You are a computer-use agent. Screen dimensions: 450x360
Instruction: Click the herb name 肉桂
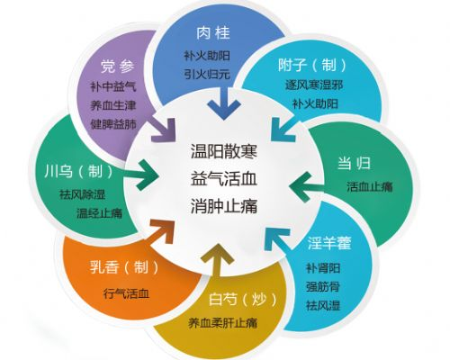(213, 32)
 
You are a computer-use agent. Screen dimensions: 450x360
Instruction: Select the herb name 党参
(117, 67)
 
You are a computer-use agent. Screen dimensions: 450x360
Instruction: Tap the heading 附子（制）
(312, 64)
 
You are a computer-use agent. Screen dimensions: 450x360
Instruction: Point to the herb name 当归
(354, 164)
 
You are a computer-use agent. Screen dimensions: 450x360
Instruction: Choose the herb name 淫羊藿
(329, 243)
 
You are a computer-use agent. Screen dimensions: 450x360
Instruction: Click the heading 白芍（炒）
(242, 299)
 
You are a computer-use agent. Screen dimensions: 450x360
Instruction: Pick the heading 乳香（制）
(124, 266)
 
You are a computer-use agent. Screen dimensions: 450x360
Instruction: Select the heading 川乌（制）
(78, 172)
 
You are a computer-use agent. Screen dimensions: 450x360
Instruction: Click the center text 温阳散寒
(224, 150)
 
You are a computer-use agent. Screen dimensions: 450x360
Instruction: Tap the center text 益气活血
(224, 179)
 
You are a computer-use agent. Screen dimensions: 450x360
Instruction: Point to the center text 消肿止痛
(224, 207)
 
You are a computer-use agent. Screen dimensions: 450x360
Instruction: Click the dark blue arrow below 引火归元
(224, 103)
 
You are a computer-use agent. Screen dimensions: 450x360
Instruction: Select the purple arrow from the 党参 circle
(164, 130)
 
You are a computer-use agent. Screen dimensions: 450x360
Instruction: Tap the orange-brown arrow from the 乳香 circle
(162, 231)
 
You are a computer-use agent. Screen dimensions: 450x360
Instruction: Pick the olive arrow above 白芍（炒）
(218, 259)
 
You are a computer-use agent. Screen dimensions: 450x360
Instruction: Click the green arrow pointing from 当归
(306, 186)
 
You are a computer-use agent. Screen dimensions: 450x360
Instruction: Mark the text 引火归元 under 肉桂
(207, 74)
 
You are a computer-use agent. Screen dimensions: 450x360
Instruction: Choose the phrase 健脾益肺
(113, 124)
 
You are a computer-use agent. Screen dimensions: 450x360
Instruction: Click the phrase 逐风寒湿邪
(314, 85)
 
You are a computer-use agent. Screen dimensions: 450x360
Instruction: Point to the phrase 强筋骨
(323, 287)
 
